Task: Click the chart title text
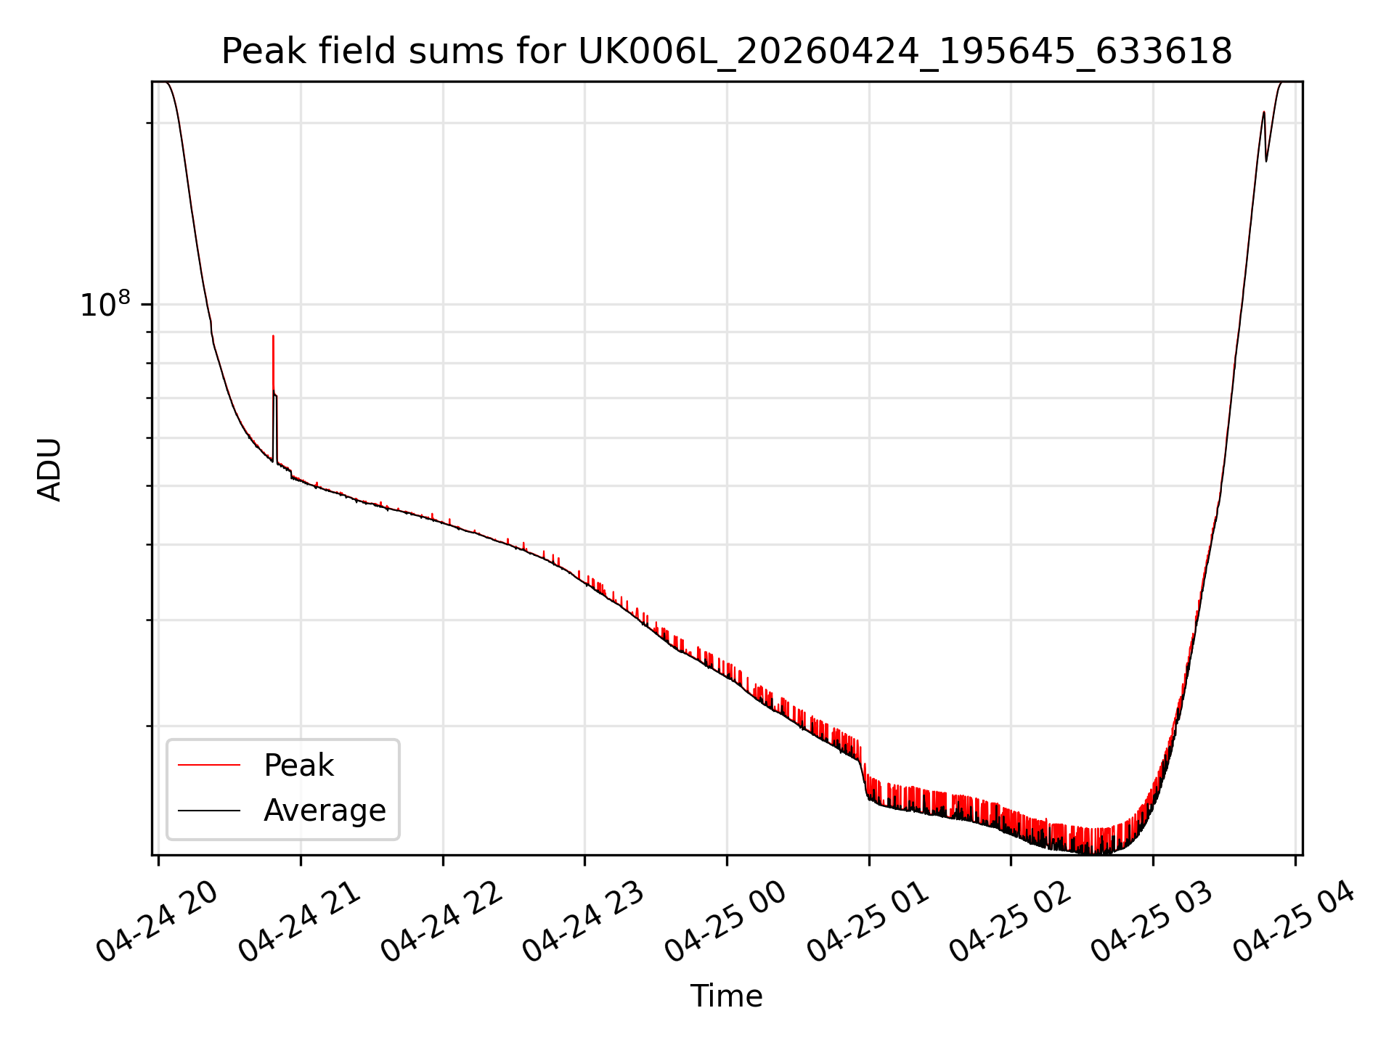point(727,52)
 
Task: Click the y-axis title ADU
point(49,469)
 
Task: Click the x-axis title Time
point(726,996)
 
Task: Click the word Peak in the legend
point(298,765)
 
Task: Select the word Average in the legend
point(325,810)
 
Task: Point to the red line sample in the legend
point(209,765)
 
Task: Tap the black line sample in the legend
point(209,810)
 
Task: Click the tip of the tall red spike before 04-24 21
point(273,336)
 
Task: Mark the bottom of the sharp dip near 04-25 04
point(1266,161)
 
